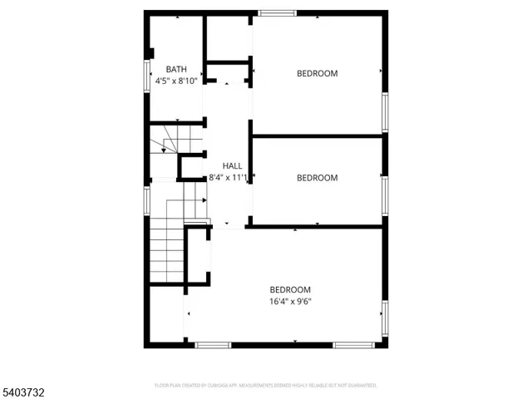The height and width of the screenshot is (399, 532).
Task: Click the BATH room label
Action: point(176,69)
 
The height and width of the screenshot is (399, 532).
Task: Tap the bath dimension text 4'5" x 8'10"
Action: point(176,81)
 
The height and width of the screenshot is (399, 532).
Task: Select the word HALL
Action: point(232,166)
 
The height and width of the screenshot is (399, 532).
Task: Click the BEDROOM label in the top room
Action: point(318,73)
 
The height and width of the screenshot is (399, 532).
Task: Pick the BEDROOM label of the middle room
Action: point(318,177)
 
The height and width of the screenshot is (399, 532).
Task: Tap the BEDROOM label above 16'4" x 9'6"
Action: point(290,289)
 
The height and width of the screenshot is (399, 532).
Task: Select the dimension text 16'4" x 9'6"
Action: point(290,302)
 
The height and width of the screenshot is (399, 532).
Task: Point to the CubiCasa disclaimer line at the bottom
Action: point(266,386)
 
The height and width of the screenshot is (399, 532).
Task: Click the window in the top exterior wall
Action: point(278,12)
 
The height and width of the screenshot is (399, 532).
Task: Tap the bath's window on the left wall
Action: point(147,73)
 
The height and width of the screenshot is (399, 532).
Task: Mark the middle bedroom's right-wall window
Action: point(385,193)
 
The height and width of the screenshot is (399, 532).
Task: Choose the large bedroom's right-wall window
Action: point(385,320)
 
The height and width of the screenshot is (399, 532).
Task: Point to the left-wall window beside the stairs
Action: point(147,200)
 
